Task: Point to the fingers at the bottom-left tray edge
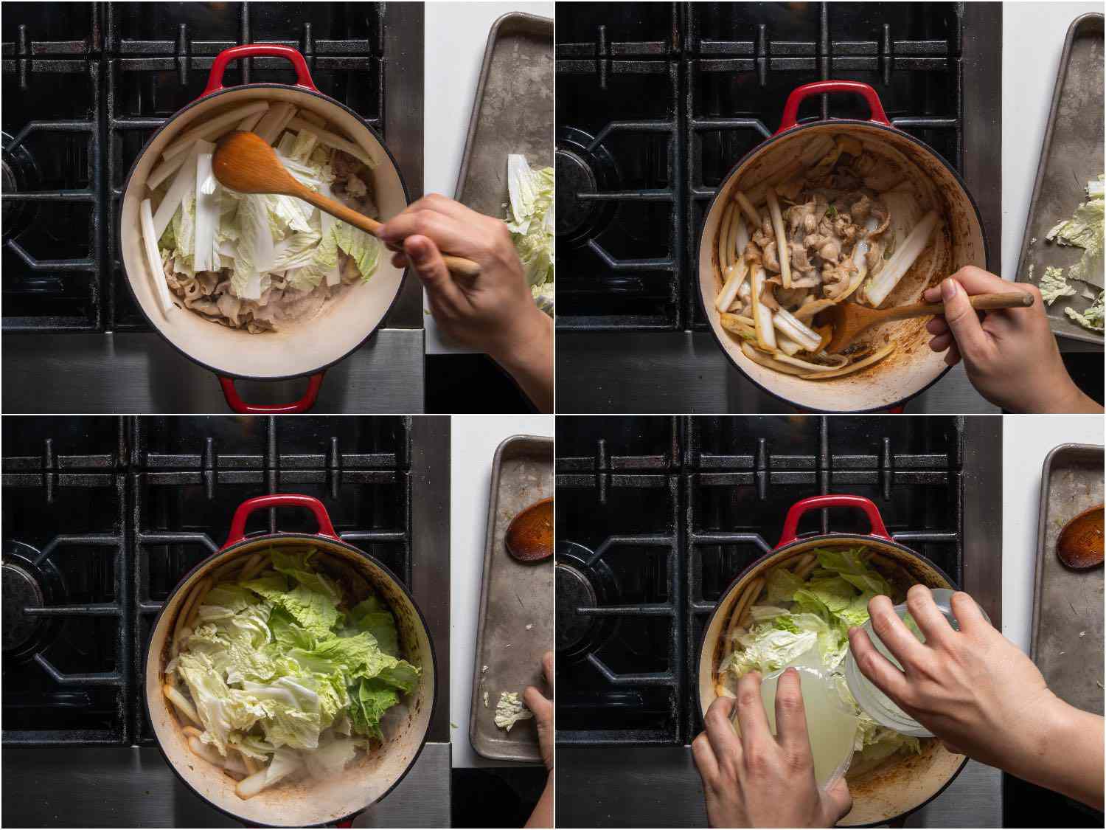[x=542, y=708]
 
